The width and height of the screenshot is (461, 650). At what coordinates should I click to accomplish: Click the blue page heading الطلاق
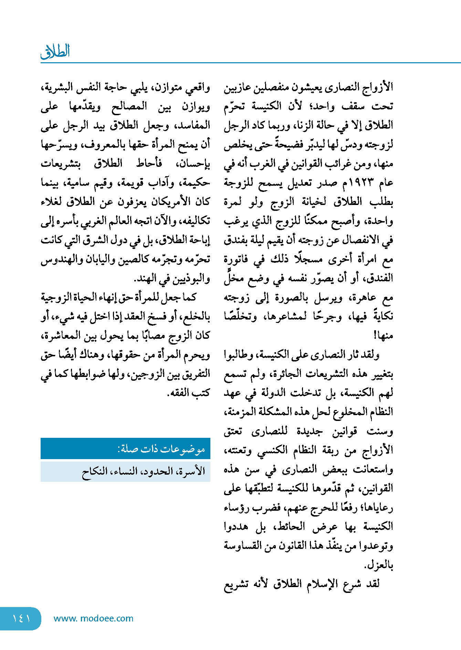pyautogui.click(x=55, y=52)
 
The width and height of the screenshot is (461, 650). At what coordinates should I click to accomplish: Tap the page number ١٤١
pyautogui.click(x=21, y=618)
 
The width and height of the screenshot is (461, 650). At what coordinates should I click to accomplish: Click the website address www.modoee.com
pyautogui.click(x=93, y=618)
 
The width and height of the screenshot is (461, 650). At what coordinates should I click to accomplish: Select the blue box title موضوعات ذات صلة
pyautogui.click(x=161, y=449)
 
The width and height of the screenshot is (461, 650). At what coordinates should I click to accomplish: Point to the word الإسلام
pyautogui.click(x=321, y=584)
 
